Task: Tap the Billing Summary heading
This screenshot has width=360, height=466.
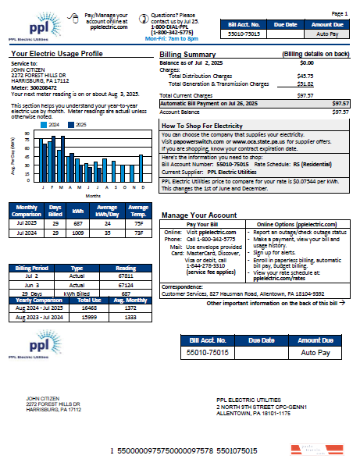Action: (187, 55)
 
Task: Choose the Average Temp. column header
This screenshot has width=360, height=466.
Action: (137, 212)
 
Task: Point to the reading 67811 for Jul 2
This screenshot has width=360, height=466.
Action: (125, 276)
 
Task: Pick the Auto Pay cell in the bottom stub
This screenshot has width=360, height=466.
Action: (315, 353)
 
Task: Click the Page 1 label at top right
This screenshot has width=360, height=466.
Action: (340, 14)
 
